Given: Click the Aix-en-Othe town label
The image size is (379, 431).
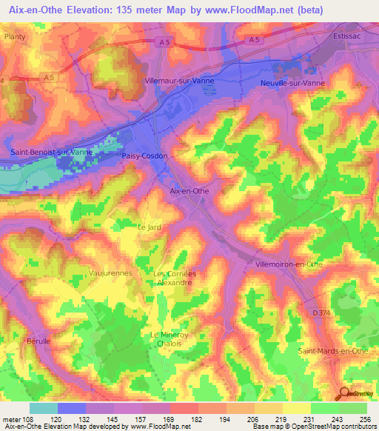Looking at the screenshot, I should [x=190, y=190].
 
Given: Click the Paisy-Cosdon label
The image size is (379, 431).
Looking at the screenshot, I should [x=145, y=156].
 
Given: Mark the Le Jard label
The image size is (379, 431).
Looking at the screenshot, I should [x=150, y=226].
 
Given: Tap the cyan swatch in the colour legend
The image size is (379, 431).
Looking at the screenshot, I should [x=44, y=408].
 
